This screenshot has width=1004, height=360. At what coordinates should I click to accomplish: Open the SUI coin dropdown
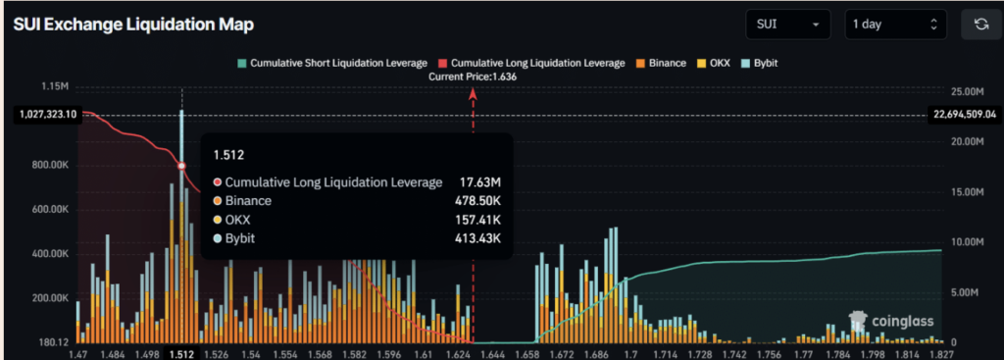coord(786,25)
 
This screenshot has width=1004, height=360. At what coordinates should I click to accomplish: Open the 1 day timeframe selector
coord(895,25)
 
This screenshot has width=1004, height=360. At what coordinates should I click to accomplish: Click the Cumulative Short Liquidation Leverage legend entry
coord(334,63)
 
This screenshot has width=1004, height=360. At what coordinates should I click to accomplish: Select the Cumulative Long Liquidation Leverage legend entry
coord(532,63)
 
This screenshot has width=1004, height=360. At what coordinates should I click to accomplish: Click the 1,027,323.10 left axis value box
coord(47,115)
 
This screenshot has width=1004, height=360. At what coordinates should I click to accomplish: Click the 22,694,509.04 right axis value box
coord(963,115)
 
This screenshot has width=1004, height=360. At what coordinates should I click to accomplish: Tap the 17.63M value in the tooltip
coord(480,181)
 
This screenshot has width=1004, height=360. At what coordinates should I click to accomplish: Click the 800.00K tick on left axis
coord(51,166)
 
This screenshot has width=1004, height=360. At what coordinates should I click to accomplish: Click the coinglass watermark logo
coord(892,321)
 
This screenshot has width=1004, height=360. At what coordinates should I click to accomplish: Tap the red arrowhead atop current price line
coord(474,93)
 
